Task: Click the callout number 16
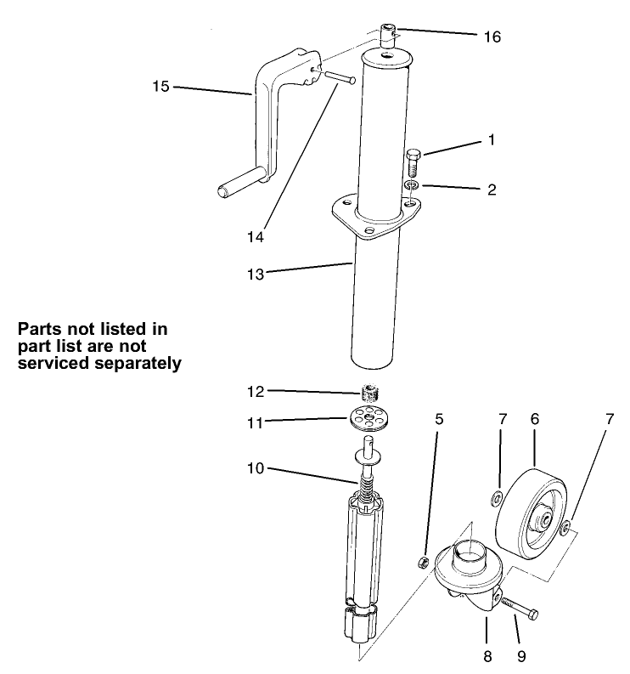[x=492, y=37]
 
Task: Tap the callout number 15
[x=160, y=87]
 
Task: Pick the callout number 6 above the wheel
[x=535, y=419]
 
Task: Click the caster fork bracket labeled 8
[x=469, y=578]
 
